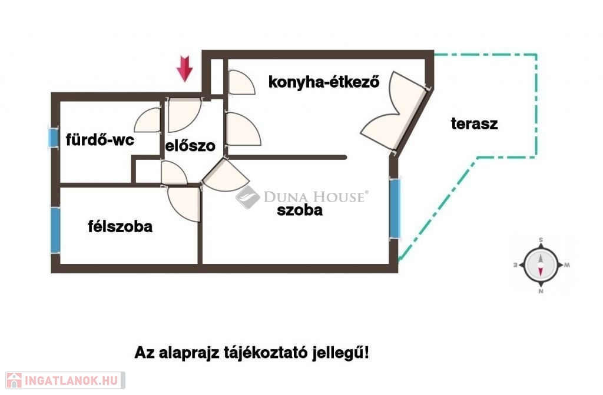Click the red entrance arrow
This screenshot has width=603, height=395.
tap(185, 68)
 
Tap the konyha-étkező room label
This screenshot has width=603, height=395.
tap(323, 81)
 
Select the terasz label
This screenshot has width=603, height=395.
tap(474, 124)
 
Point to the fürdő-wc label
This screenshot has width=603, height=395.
tap(100, 140)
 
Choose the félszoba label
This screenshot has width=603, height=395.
tap(120, 226)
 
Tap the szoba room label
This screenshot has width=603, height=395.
tap(300, 210)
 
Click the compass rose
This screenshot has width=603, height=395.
tap(541, 264)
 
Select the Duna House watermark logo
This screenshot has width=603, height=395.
tap(302, 197)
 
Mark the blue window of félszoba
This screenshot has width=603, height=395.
tap(55, 230)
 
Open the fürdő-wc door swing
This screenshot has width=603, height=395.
tap(149, 120)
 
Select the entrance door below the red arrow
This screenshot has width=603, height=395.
tap(184, 114)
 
